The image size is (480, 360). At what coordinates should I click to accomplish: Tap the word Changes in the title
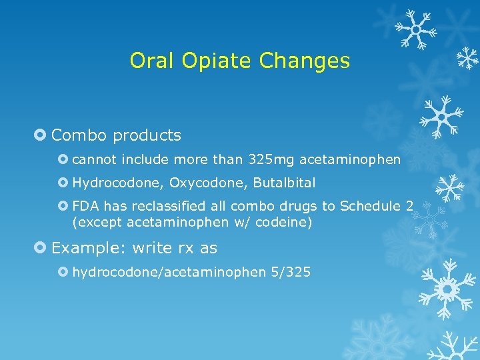pos(307,61)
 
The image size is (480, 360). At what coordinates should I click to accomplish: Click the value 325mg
pos(271,159)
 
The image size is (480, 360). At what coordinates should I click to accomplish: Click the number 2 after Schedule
pos(409,206)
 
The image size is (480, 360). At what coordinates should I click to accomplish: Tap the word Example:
pos(89,248)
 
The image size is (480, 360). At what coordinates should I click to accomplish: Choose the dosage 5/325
pos(290,272)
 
